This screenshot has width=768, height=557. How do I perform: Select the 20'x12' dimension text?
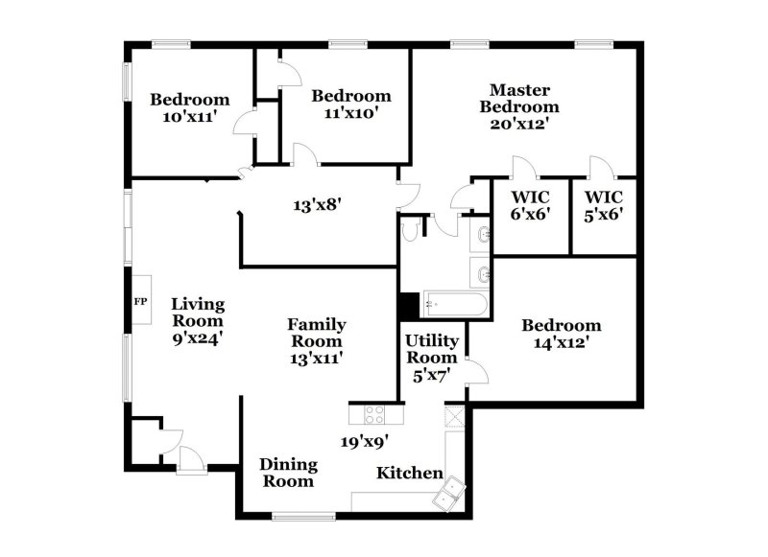point(519,123)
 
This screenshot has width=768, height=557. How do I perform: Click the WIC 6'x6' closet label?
point(529,206)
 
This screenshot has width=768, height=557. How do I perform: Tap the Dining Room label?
point(288,473)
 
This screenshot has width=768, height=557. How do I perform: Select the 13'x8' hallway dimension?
point(318,203)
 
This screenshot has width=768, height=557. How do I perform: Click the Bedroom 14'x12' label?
point(562,333)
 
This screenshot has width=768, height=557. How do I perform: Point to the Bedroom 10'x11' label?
point(190,106)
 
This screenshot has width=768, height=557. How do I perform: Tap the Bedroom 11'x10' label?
point(350,103)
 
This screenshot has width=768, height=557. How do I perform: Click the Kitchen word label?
point(409,473)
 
